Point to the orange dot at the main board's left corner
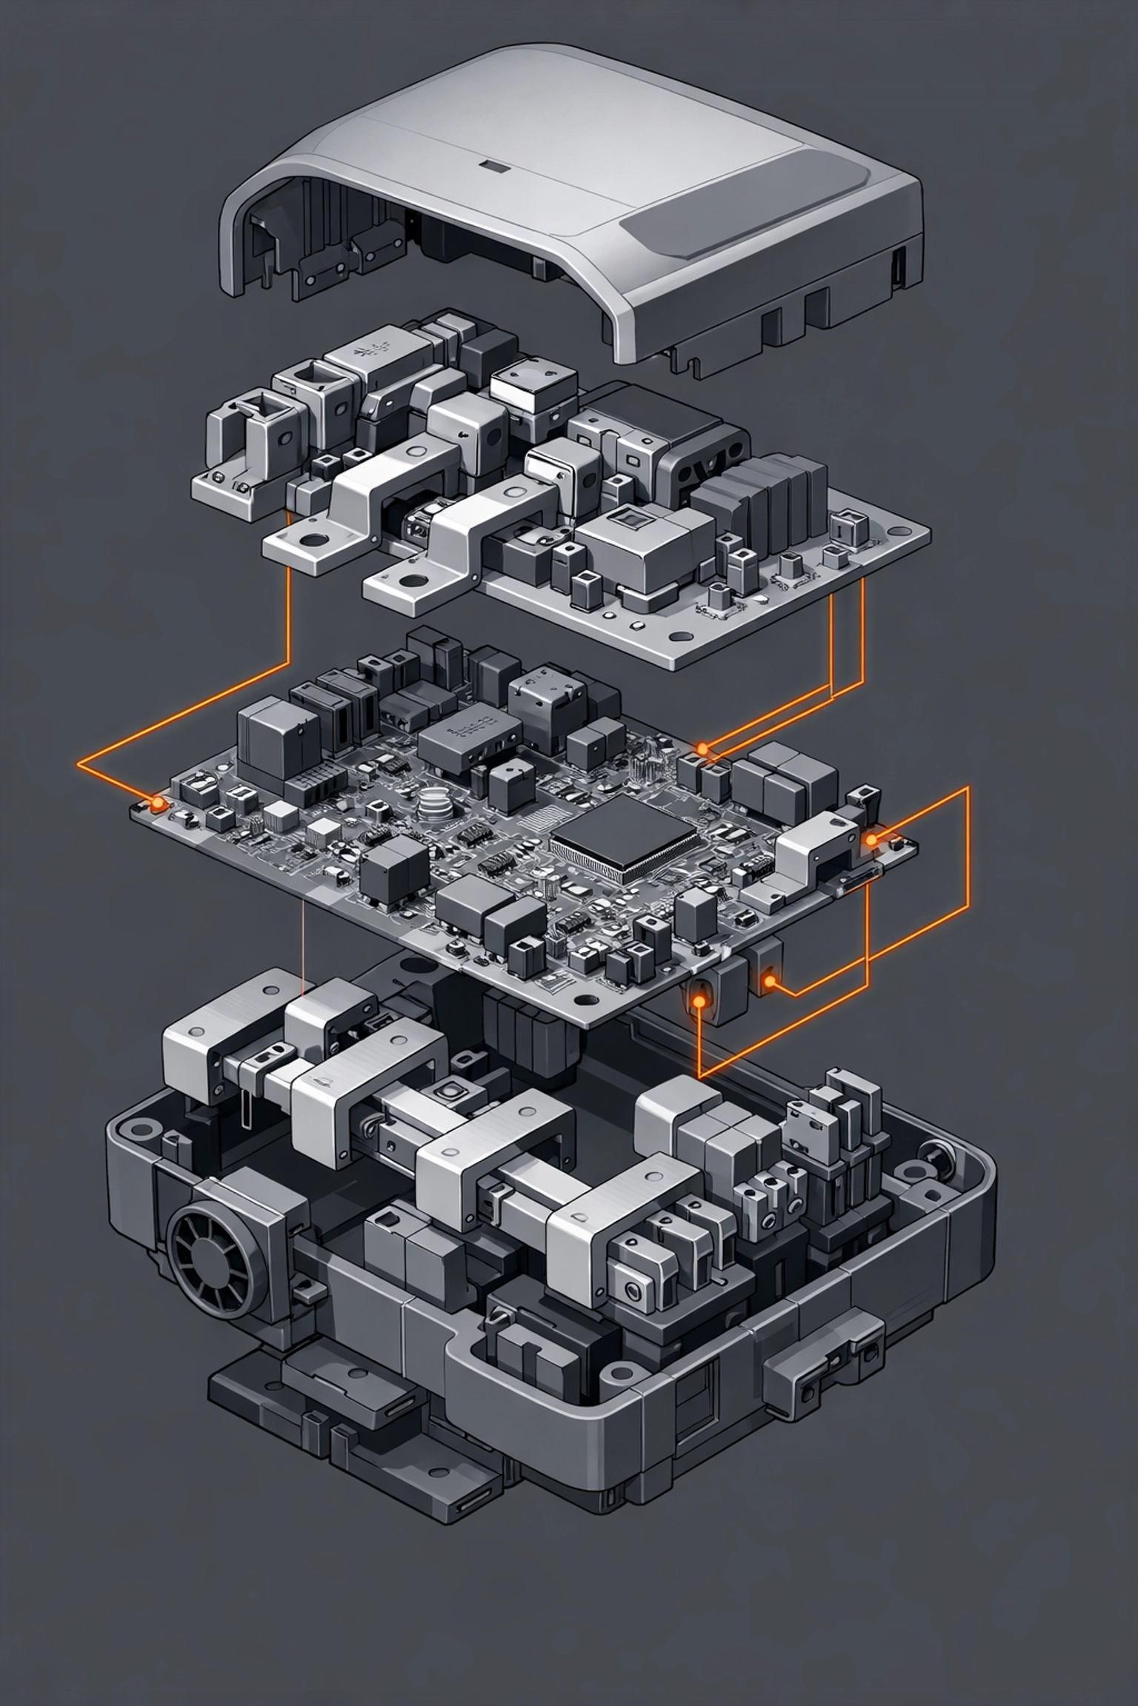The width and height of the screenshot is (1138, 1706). [156, 803]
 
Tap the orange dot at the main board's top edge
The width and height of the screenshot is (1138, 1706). [702, 749]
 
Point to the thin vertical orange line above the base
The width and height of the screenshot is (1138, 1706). [304, 948]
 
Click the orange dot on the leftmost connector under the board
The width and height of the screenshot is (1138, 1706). [698, 1003]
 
